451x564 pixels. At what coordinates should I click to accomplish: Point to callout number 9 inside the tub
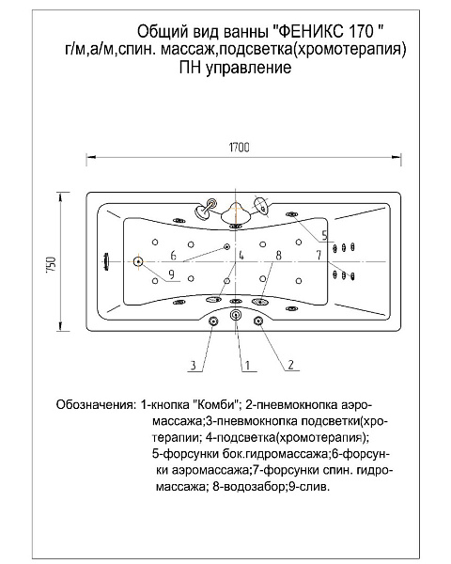tap(171, 274)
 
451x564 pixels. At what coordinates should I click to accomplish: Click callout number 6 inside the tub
tap(174, 255)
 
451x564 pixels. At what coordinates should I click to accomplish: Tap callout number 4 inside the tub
tap(241, 255)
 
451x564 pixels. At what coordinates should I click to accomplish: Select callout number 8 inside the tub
tap(278, 255)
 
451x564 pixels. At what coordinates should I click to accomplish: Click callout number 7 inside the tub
tap(318, 255)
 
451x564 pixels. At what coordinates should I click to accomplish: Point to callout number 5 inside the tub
tap(323, 233)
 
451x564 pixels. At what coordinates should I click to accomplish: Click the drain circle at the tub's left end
tap(137, 262)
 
